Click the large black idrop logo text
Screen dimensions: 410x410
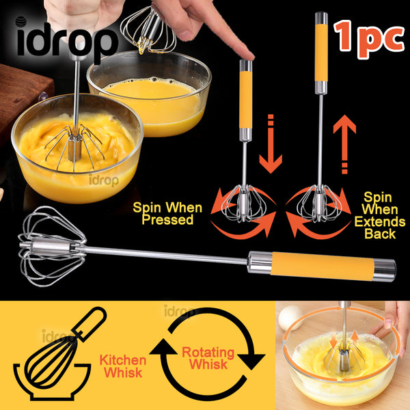click(x=68, y=39)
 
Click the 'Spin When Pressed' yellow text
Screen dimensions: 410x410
click(x=167, y=214)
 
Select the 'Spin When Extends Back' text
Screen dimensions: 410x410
click(x=380, y=216)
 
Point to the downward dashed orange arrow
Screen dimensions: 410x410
click(x=271, y=143)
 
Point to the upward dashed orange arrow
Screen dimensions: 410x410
click(x=344, y=144)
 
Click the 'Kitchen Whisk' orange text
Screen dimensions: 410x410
click(x=122, y=366)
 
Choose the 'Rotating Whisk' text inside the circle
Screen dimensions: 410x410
click(x=208, y=358)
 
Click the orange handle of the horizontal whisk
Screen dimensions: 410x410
click(x=323, y=266)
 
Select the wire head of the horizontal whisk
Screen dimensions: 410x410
click(x=53, y=246)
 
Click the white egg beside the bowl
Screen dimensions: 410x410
click(x=290, y=318)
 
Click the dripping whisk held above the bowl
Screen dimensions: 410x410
click(x=148, y=30)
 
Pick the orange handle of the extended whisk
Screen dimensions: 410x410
click(x=321, y=53)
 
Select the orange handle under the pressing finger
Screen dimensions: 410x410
click(x=246, y=100)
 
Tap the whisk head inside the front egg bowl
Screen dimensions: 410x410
click(x=74, y=147)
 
